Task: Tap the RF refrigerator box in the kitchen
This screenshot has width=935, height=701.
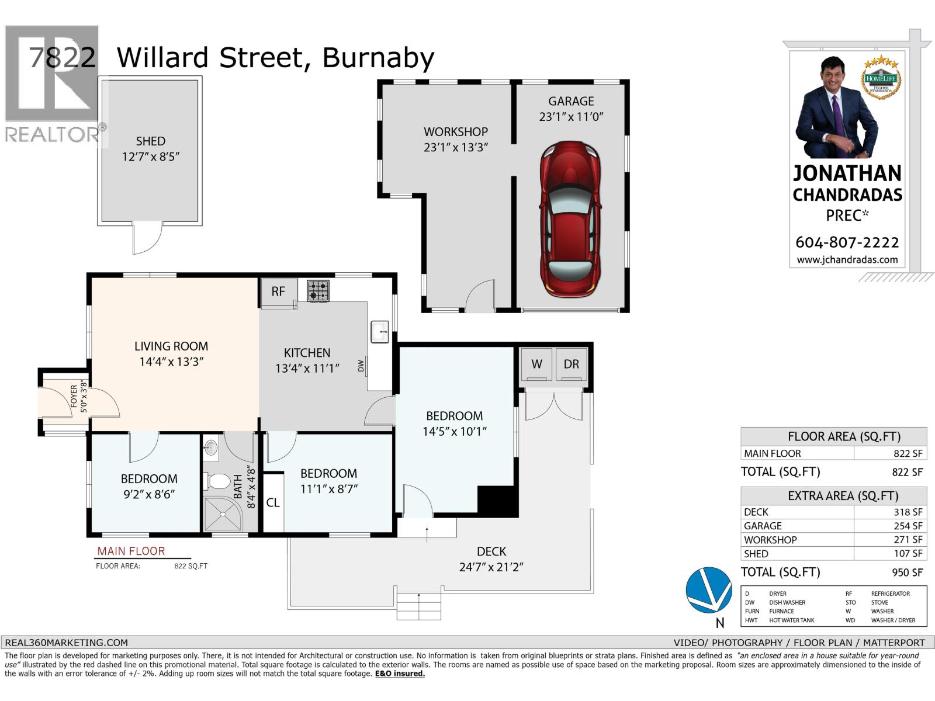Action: pos(278,291)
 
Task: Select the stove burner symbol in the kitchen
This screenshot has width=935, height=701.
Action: pos(318,290)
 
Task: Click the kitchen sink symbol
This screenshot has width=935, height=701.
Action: pos(380,332)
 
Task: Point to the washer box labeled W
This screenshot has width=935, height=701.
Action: pos(536,364)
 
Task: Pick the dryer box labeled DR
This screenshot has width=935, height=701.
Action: pos(571,364)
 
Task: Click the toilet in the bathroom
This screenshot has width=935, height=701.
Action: pos(217,481)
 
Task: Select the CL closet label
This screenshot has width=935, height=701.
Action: pos(273,502)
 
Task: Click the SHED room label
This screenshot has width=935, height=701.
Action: pos(151,141)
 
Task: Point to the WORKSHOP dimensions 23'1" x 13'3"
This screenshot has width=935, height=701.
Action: pos(456,147)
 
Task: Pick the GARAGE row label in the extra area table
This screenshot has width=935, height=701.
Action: pos(763,526)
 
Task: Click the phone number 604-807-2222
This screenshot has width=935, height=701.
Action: pos(847,242)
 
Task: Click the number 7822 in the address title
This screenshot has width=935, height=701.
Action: pos(62,58)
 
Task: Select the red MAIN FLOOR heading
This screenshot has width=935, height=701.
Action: pos(131,551)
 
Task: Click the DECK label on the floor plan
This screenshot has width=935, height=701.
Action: pos(491,551)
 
